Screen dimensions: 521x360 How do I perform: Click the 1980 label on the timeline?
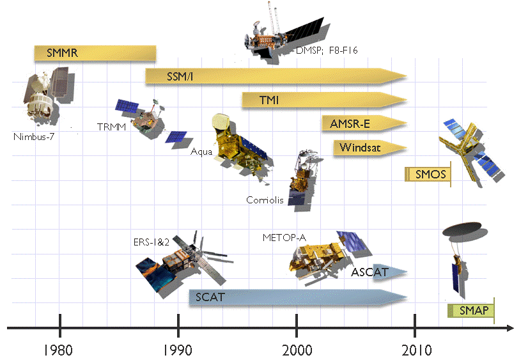click(x=58, y=350)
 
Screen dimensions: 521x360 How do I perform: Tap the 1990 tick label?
click(x=178, y=350)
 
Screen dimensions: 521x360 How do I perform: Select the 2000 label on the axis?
click(x=297, y=350)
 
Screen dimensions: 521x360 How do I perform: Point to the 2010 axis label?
click(x=416, y=350)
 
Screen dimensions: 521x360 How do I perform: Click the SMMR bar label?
click(x=62, y=53)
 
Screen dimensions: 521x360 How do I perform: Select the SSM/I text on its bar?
click(x=180, y=77)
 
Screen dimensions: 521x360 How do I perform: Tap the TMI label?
click(x=268, y=100)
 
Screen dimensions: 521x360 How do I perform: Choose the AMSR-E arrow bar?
click(x=364, y=123)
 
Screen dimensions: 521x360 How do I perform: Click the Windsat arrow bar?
click(x=370, y=148)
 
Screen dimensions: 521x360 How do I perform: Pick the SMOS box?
click(x=428, y=174)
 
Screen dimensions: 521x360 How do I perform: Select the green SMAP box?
click(x=471, y=311)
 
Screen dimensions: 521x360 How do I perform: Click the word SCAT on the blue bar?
click(x=210, y=297)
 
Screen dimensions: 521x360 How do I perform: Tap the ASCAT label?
click(x=369, y=272)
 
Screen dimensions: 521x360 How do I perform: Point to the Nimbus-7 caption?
click(x=33, y=137)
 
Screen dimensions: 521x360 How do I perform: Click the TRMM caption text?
click(x=111, y=127)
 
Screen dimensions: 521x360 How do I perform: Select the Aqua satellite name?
click(x=201, y=152)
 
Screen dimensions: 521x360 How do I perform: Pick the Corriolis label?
click(x=265, y=200)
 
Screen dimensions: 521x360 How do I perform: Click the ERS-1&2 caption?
click(x=151, y=242)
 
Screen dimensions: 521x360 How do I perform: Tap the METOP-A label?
click(x=284, y=238)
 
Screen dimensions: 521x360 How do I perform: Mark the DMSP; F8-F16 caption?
click(x=327, y=50)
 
